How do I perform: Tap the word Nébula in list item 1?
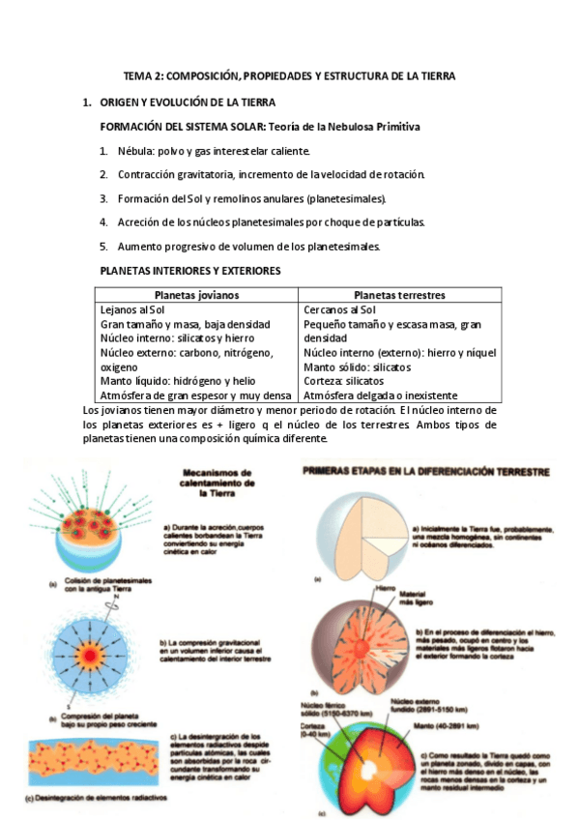pos(135,152)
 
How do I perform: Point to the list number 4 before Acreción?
pos(103,221)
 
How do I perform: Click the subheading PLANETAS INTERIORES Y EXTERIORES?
pos(190,271)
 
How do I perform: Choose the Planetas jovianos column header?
pos(196,294)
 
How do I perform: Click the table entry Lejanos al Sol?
pos(132,309)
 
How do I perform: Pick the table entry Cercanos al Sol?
pos(340,309)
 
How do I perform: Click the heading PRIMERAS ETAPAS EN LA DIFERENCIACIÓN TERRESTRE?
pos(426,473)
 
